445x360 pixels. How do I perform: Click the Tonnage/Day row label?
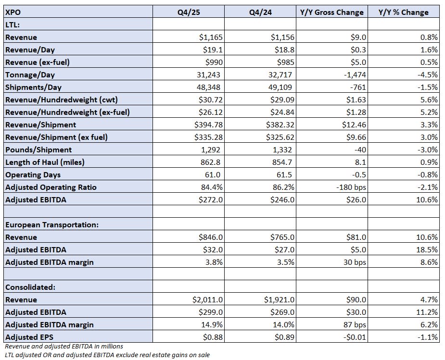(x=30, y=74)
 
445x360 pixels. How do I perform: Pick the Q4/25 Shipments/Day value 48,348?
(x=210, y=87)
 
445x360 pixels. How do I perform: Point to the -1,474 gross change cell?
(x=354, y=74)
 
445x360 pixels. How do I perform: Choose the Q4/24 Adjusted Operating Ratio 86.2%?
(x=282, y=187)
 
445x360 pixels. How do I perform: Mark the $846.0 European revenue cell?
(x=211, y=237)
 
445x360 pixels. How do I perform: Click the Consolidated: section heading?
(x=30, y=287)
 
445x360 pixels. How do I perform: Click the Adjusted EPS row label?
(x=28, y=337)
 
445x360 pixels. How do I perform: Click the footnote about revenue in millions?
(x=64, y=346)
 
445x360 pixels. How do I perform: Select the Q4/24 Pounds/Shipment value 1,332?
(x=284, y=149)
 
